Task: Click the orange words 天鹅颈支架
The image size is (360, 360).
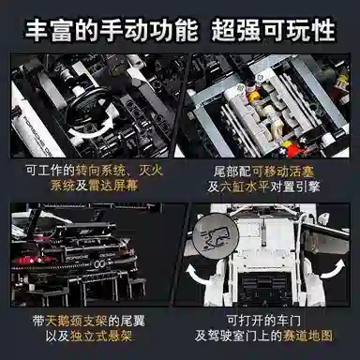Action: pos(90,319)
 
